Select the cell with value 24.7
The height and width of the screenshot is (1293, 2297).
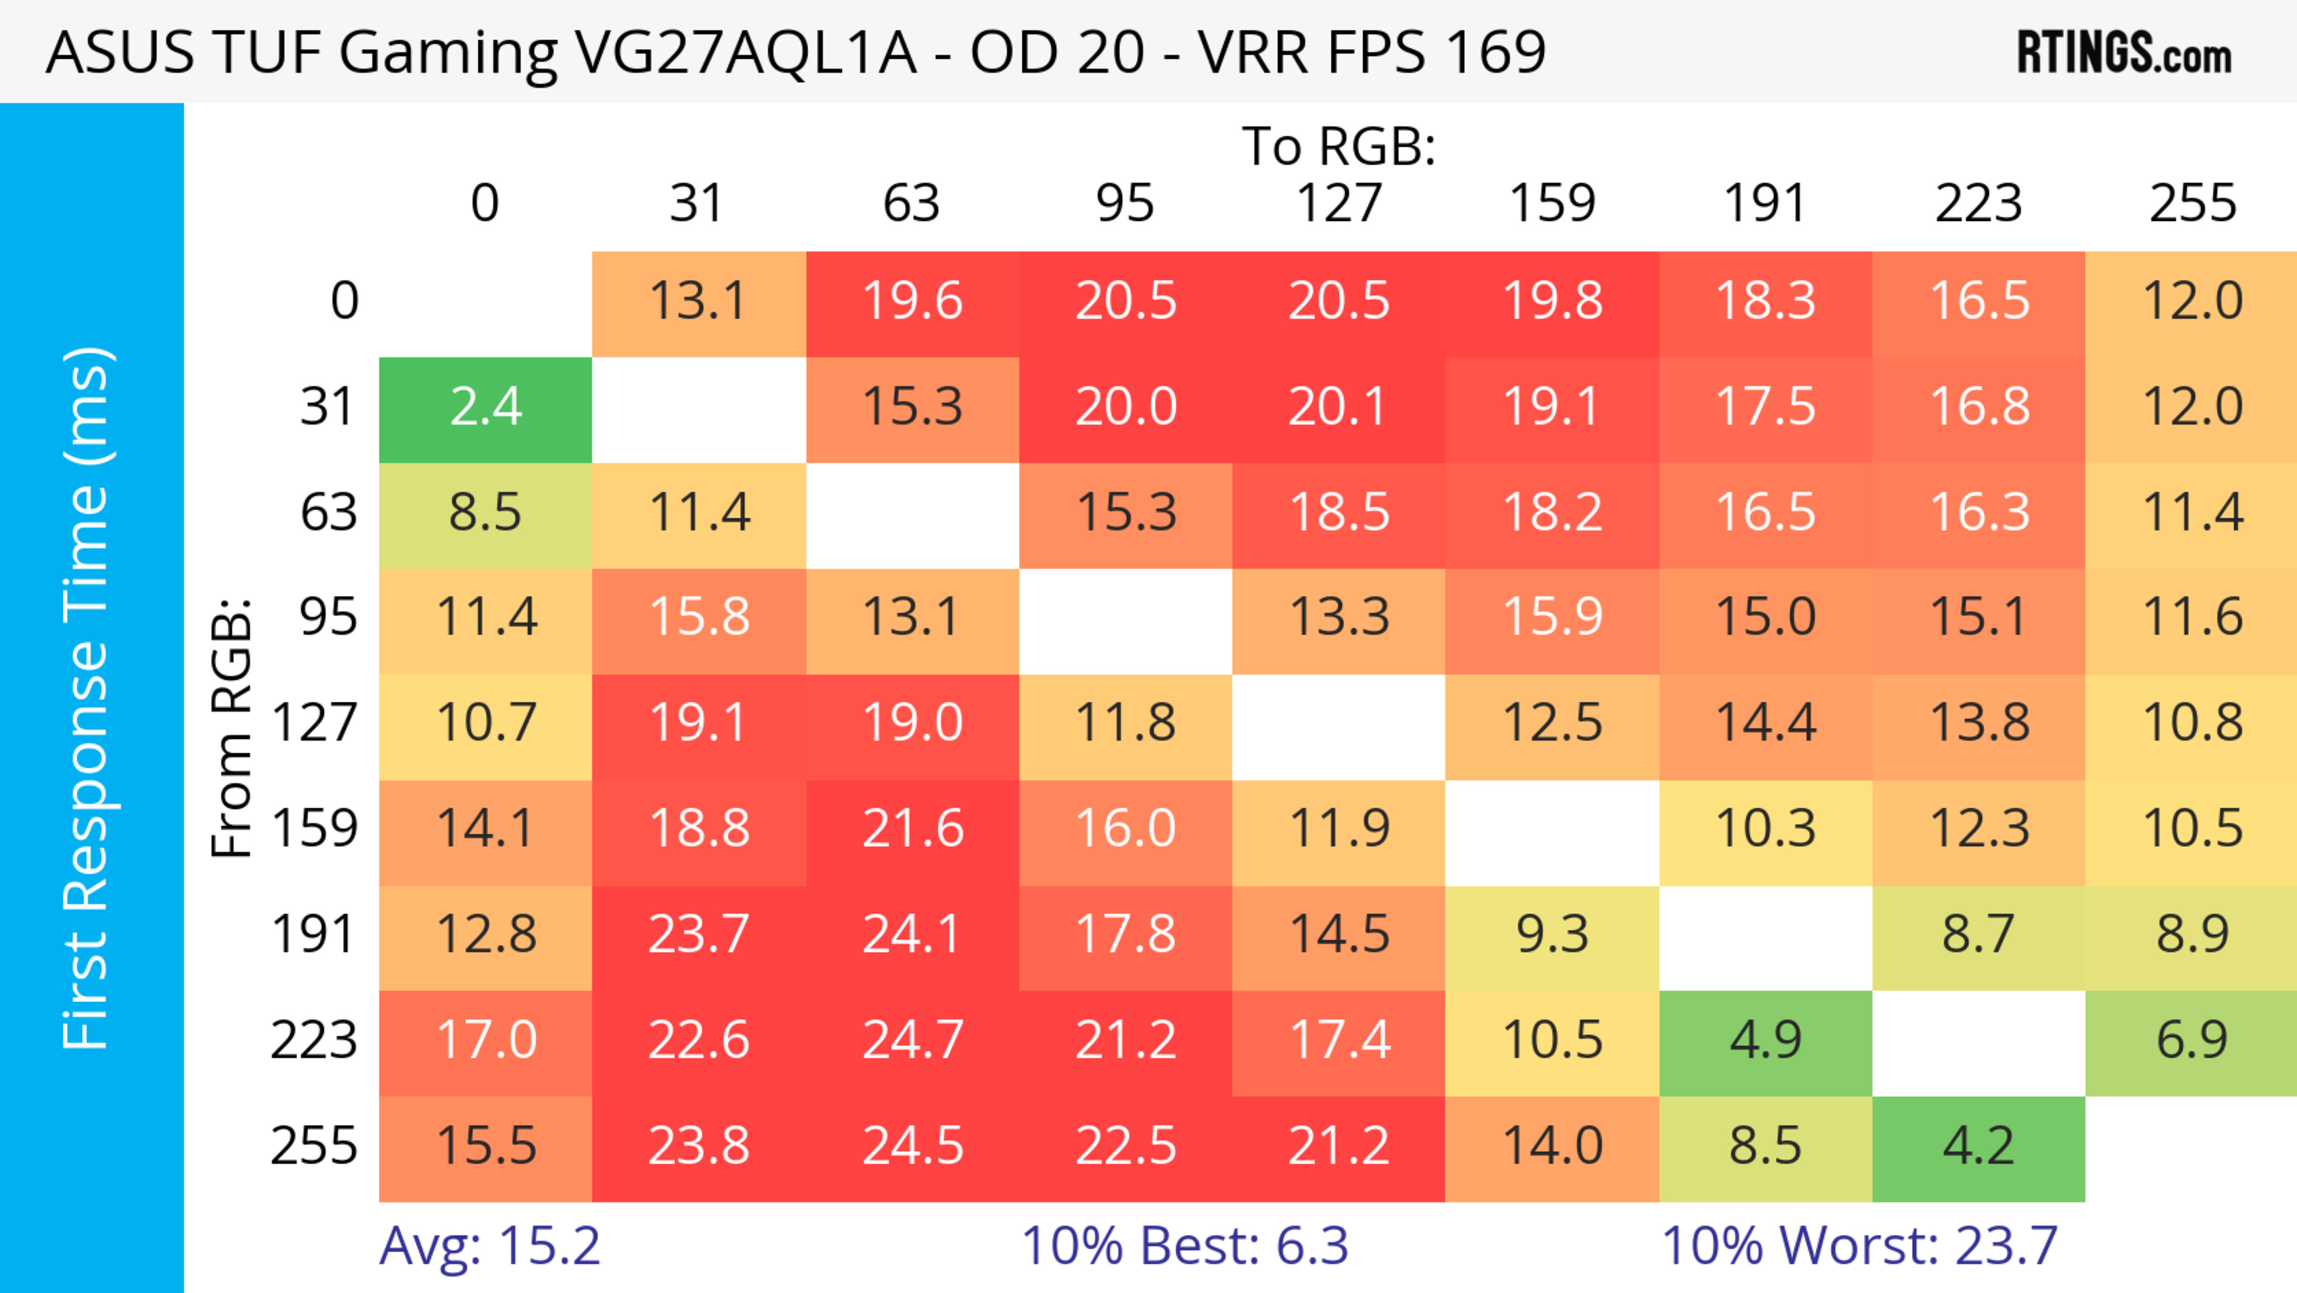pos(912,1041)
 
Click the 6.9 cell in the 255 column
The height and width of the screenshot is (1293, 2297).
pos(2191,1041)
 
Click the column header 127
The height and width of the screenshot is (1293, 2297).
pos(1339,204)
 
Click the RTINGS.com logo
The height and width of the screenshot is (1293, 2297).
pos(2124,53)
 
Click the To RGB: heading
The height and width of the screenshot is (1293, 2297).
pos(1339,147)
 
